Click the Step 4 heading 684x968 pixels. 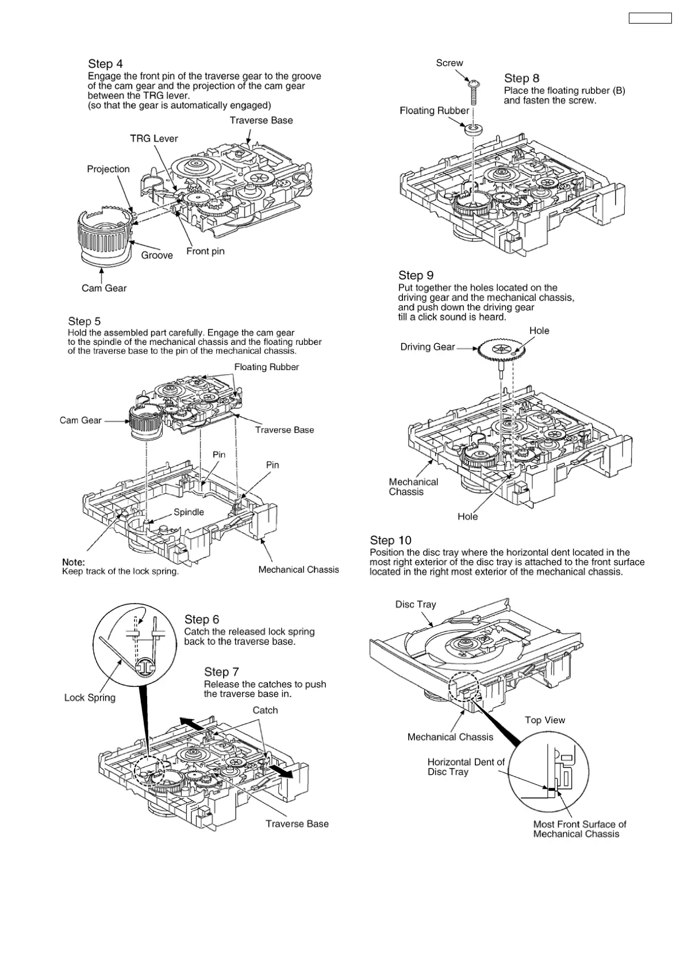pyautogui.click(x=105, y=64)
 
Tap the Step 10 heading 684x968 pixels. pyautogui.click(x=391, y=540)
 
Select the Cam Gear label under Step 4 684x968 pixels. pyautogui.click(x=104, y=288)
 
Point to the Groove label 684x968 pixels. pyautogui.click(x=157, y=255)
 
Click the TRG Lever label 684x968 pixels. pyautogui.click(x=154, y=139)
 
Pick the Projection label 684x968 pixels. pyautogui.click(x=108, y=169)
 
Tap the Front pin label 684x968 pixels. pyautogui.click(x=205, y=251)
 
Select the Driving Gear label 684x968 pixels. pyautogui.click(x=428, y=347)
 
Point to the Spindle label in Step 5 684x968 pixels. pyautogui.click(x=189, y=512)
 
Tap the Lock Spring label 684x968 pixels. pyautogui.click(x=90, y=697)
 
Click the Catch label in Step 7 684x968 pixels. pyautogui.click(x=265, y=710)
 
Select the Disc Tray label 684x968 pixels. pyautogui.click(x=416, y=604)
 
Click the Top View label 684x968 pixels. pyautogui.click(x=545, y=720)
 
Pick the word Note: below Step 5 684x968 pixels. pyautogui.click(x=74, y=562)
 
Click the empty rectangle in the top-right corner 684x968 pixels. pyautogui.click(x=650, y=18)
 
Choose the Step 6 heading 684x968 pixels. pyautogui.click(x=202, y=619)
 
